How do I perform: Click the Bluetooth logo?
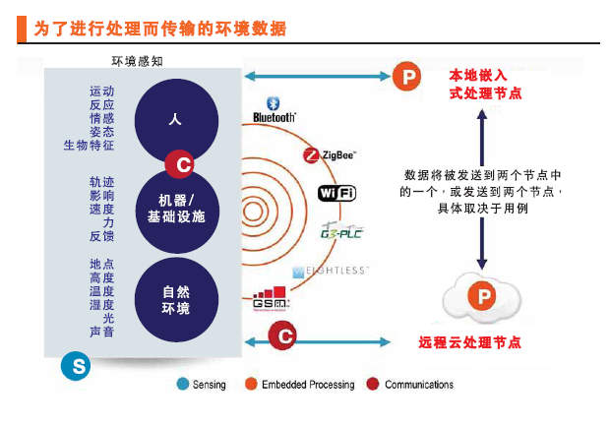274,110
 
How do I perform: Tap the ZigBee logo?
330,154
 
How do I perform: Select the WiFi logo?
336,193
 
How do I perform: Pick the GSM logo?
271,299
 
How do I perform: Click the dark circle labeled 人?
175,120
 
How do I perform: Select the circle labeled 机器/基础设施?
176,208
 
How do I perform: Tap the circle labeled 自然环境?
176,299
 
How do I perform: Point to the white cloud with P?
480,296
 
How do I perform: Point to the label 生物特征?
90,145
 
